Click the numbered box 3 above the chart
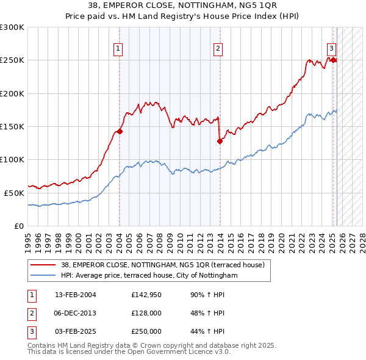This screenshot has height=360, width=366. click(331, 49)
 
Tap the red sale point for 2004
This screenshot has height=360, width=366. click(120, 131)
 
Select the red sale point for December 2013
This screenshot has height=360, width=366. click(220, 141)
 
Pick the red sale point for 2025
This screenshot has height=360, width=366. click(334, 60)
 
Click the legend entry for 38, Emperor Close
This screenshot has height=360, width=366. click(162, 265)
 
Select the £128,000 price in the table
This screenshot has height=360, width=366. click(146, 313)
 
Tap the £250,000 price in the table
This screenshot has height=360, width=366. click(146, 331)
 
